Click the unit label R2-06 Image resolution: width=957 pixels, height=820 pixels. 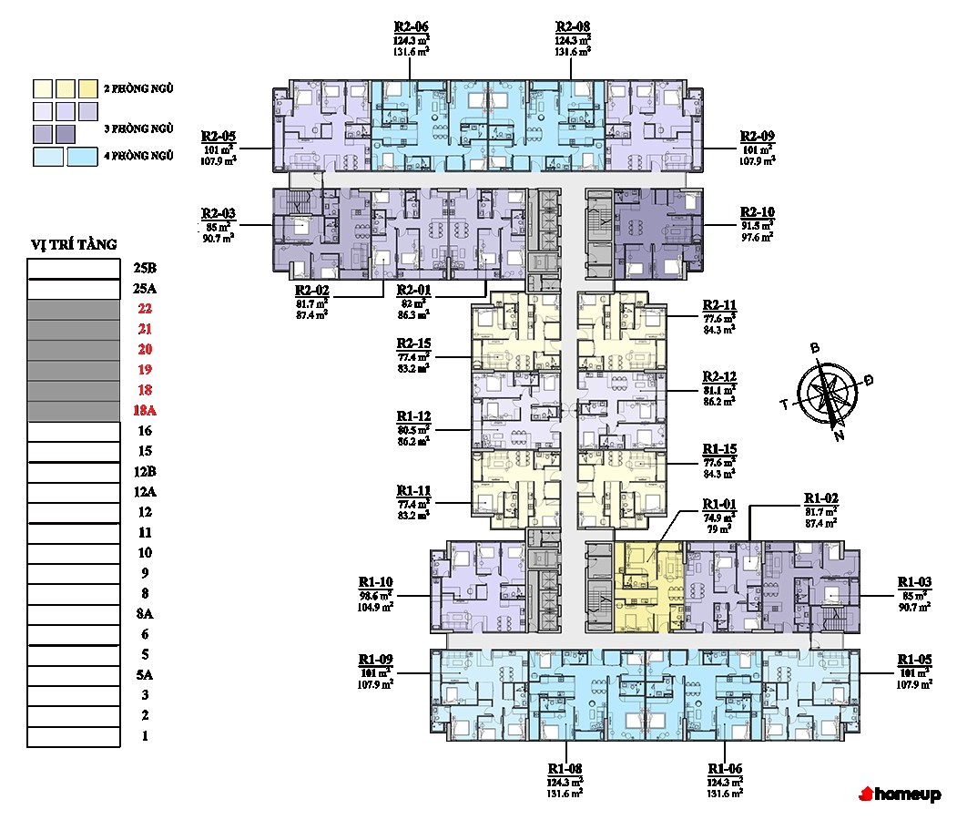pos(411,26)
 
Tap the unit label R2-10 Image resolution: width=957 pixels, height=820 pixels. pos(757,211)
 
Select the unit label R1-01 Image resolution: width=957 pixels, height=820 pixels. pos(718,505)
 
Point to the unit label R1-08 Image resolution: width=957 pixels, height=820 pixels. pos(565,767)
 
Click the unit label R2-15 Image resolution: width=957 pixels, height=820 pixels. pos(412,343)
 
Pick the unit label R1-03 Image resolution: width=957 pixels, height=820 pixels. pos(914,582)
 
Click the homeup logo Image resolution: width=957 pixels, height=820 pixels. pos(901,794)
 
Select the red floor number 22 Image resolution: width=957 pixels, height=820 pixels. pos(145,309)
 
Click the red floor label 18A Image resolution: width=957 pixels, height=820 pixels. pos(145,410)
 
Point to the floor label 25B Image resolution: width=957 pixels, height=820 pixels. pos(145,269)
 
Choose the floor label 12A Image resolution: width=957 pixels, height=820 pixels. pos(145,492)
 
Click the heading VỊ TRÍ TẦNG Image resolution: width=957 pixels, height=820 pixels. pos(74,244)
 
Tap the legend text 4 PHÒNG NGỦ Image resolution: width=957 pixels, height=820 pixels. pos(139,156)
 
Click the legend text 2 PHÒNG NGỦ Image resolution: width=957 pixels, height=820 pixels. pos(139,88)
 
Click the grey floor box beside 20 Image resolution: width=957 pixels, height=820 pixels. pos(74,351)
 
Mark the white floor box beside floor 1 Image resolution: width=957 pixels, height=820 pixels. pos(74,736)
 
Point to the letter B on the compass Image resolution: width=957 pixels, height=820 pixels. pos(816,348)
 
